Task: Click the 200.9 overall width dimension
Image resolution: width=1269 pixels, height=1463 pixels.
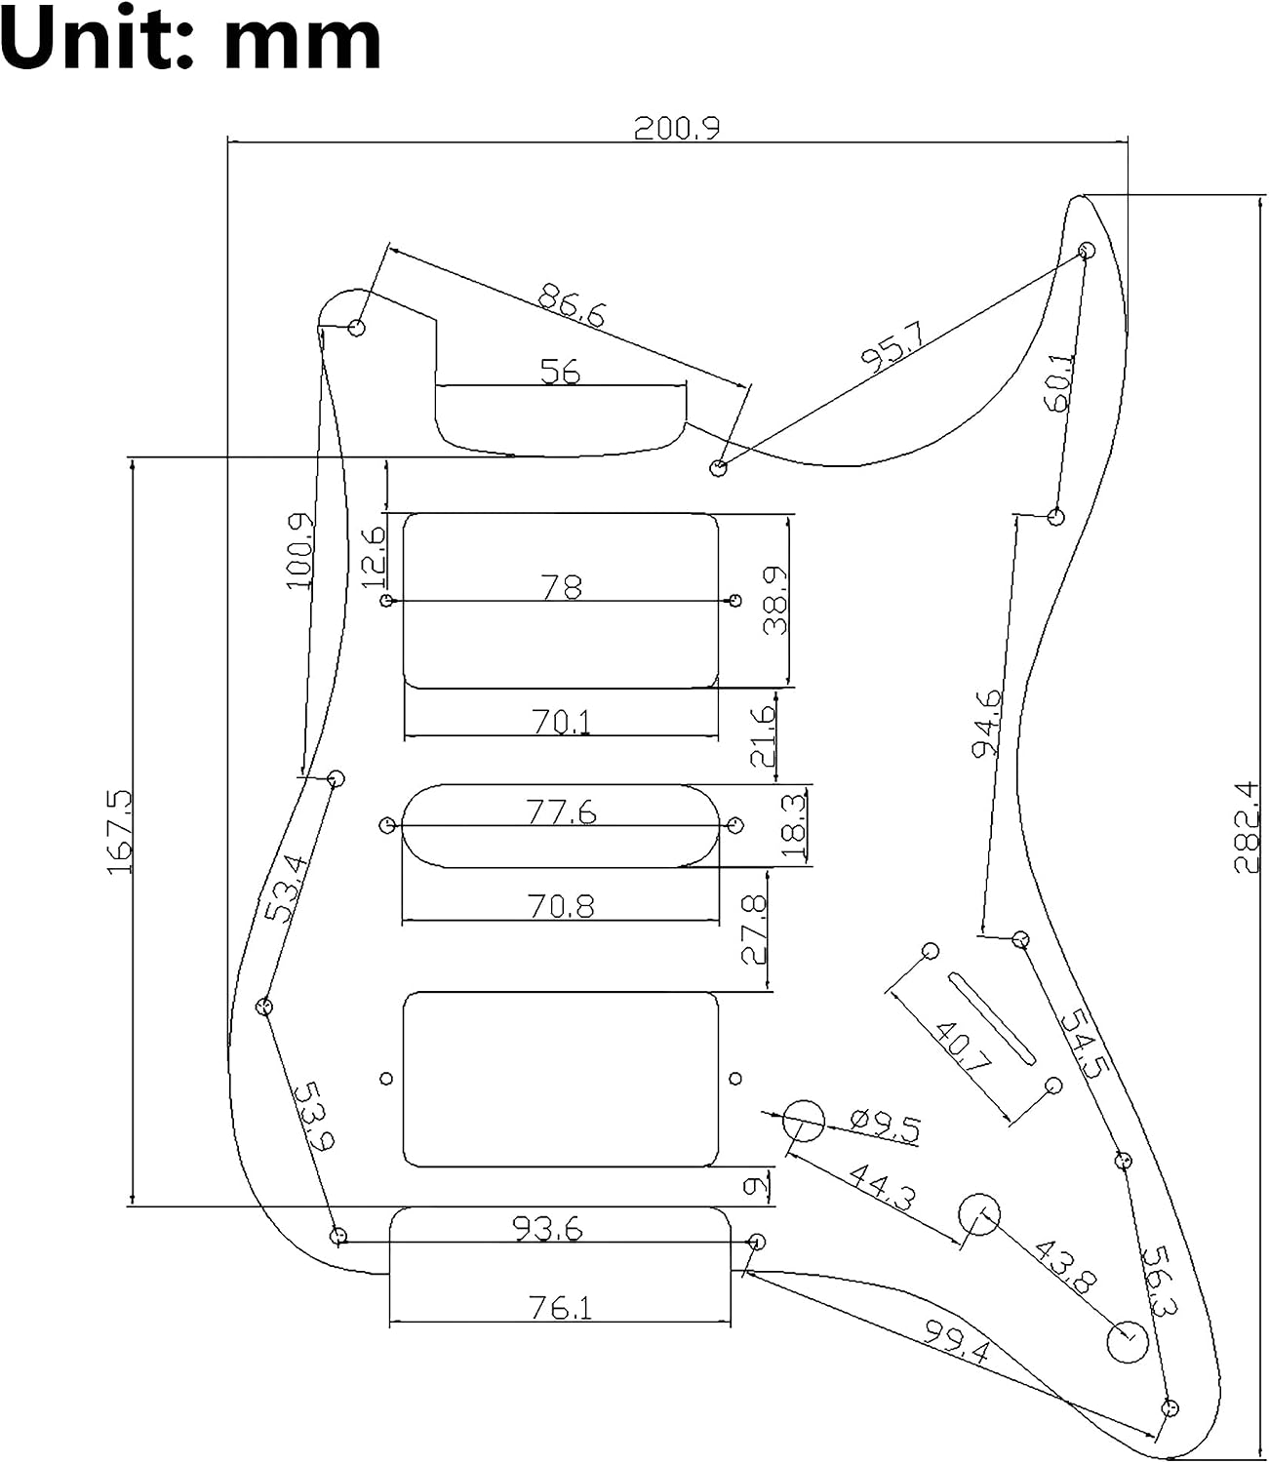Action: click(x=676, y=128)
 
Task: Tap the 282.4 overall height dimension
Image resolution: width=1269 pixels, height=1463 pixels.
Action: click(x=1246, y=827)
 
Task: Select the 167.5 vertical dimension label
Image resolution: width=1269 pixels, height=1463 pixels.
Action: click(x=119, y=832)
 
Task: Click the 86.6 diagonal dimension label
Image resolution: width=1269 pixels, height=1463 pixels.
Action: click(x=572, y=305)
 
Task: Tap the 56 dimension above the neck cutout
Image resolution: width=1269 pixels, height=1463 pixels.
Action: click(x=560, y=371)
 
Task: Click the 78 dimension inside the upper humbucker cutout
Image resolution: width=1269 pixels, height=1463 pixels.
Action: click(x=561, y=587)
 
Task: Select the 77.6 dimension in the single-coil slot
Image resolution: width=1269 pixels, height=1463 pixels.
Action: click(x=561, y=812)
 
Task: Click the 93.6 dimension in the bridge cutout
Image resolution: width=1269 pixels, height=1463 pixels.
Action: click(x=547, y=1229)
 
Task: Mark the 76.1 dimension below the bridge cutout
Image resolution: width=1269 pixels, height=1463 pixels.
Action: click(x=561, y=1308)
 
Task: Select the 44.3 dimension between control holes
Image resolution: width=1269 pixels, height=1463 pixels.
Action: click(x=882, y=1187)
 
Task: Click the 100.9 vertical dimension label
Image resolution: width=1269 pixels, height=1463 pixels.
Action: click(x=299, y=551)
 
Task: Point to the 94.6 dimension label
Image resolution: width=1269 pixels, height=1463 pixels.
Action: click(x=987, y=723)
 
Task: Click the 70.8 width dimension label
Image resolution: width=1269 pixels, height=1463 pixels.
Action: click(x=561, y=907)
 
